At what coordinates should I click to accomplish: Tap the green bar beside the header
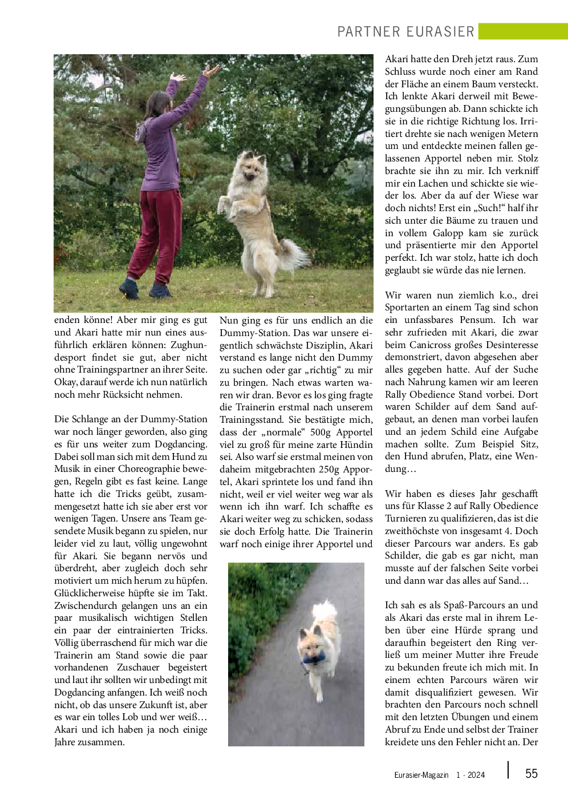[x=523, y=31]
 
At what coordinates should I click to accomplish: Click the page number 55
[x=531, y=773]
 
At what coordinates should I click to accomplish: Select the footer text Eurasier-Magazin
[x=421, y=775]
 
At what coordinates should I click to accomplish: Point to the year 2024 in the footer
[x=476, y=775]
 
